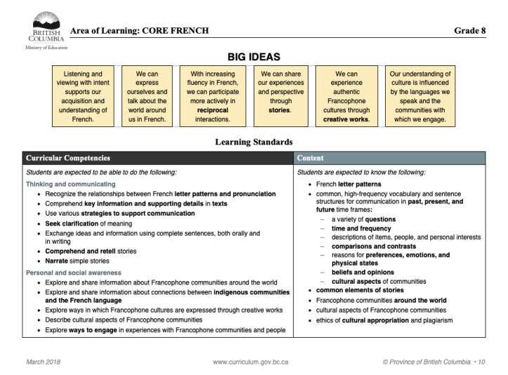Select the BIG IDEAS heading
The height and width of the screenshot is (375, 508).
pyautogui.click(x=254, y=55)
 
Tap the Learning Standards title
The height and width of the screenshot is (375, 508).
pyautogui.click(x=254, y=143)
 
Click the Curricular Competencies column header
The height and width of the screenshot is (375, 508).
pyautogui.click(x=67, y=159)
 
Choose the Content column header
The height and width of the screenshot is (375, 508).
pyautogui.click(x=311, y=159)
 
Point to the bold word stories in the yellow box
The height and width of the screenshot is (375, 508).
pyautogui.click(x=280, y=110)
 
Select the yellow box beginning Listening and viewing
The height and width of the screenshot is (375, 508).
pyautogui.click(x=83, y=96)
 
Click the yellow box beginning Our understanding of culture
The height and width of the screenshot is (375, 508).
pyautogui.click(x=420, y=96)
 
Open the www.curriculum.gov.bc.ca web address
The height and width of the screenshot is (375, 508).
pyautogui.click(x=251, y=362)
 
